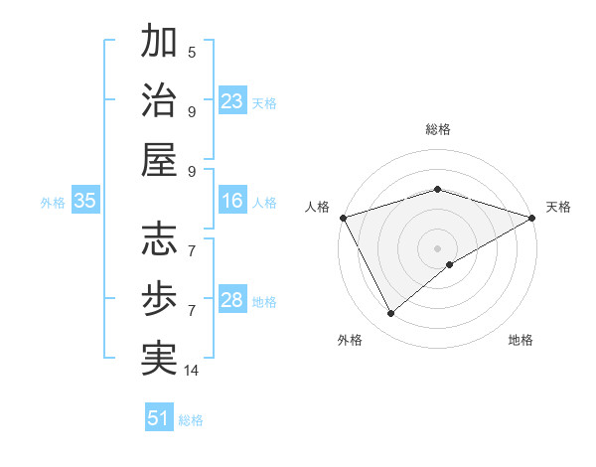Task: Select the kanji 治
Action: (159, 102)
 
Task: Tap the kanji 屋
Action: (159, 162)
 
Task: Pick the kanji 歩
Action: (159, 299)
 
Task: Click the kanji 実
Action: (159, 359)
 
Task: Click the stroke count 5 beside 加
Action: (192, 52)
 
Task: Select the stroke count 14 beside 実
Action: (192, 371)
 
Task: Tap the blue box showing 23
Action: (232, 101)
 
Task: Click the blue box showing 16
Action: (232, 202)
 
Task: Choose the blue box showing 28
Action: (232, 301)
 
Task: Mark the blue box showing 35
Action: (85, 202)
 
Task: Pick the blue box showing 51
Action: (159, 418)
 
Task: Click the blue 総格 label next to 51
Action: (191, 420)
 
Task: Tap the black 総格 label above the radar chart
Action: (437, 129)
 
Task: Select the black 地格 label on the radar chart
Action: (521, 340)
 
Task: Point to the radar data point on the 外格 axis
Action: (391, 314)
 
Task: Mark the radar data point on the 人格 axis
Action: (343, 217)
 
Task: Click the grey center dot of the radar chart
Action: (437, 247)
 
